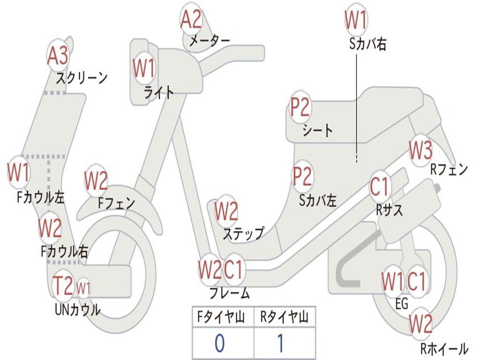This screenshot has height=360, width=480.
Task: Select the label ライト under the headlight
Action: pyautogui.click(x=159, y=92)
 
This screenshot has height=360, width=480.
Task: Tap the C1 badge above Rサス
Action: pyautogui.click(x=380, y=187)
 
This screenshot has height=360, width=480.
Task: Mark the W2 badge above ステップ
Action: pyautogui.click(x=226, y=211)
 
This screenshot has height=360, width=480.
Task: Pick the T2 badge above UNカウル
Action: pyautogui.click(x=63, y=285)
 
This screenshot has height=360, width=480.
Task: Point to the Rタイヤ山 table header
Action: pyautogui.click(x=284, y=318)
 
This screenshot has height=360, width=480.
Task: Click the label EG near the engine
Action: pyautogui.click(x=402, y=304)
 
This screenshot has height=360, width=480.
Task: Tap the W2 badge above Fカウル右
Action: pyautogui.click(x=50, y=228)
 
